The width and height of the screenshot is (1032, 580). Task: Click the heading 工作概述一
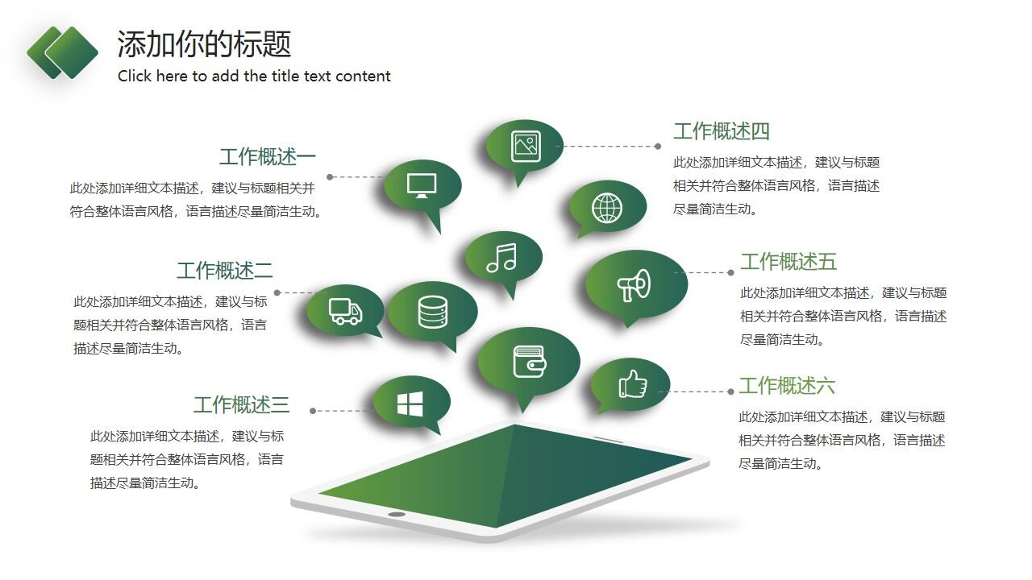(x=267, y=157)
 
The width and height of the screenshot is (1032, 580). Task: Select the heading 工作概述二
(x=224, y=271)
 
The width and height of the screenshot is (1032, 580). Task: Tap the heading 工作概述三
(x=240, y=404)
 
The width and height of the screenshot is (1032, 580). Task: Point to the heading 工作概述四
(x=722, y=131)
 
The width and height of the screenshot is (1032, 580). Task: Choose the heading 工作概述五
(x=789, y=262)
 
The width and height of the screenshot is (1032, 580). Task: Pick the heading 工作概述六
(x=787, y=386)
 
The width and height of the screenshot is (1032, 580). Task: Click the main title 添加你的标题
(x=204, y=44)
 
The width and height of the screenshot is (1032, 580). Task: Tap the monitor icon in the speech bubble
(x=422, y=184)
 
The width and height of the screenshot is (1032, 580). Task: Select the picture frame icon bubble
(x=525, y=146)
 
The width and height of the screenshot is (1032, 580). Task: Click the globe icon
(x=607, y=208)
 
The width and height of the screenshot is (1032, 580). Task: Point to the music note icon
(x=501, y=258)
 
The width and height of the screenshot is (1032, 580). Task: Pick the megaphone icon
(x=634, y=284)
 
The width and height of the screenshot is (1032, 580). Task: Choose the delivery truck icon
(x=345, y=311)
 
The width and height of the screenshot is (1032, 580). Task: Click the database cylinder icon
(x=432, y=312)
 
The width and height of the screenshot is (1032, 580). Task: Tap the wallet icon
(x=529, y=362)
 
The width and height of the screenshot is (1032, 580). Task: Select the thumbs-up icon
(x=632, y=384)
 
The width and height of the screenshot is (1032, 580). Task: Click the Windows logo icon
(x=410, y=404)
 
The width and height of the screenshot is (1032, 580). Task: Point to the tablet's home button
(x=397, y=514)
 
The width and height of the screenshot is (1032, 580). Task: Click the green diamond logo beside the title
(x=63, y=52)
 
